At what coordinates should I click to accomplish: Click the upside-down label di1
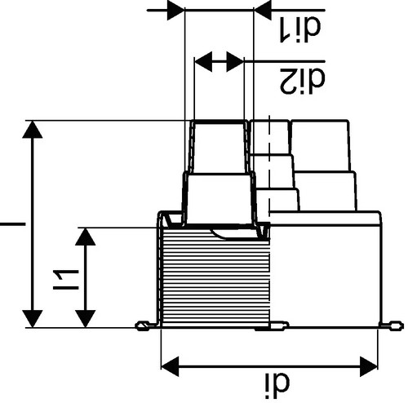300,29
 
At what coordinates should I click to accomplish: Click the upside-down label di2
303,81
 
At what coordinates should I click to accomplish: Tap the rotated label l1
66,280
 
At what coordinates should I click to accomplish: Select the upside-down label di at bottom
277,382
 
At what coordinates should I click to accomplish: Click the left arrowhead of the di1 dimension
175,11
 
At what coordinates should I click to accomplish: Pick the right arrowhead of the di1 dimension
263,11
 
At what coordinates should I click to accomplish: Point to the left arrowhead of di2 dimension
203,61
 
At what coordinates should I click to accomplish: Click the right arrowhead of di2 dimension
235,61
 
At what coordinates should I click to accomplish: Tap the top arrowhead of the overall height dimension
33,130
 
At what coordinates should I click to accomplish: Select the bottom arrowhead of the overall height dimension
33,319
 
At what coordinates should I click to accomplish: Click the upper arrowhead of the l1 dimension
86,237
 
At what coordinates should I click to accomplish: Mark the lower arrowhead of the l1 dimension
86,319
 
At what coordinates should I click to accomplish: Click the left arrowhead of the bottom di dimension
171,366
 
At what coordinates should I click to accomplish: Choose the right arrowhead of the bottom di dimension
369,366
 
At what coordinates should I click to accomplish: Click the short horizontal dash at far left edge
12,224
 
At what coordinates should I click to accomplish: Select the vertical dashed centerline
269,166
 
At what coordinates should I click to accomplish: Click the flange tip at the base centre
280,325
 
